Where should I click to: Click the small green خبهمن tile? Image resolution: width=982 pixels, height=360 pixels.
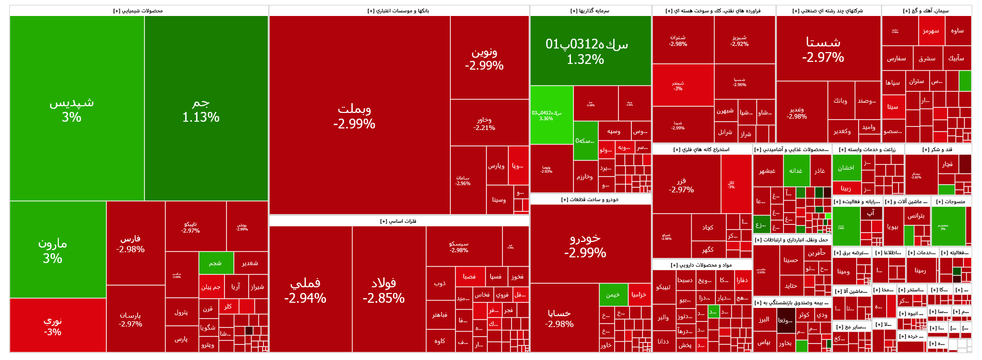(x=613, y=294)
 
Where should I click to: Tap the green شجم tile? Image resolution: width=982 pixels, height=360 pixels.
(x=216, y=263)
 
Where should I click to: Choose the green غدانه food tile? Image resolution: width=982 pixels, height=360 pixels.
(x=796, y=171)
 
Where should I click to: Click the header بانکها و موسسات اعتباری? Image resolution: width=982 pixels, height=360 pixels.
(x=399, y=11)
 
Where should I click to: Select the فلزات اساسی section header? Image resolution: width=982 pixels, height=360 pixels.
(x=399, y=221)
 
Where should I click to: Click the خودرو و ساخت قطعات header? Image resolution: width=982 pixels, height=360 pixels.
(x=590, y=199)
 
